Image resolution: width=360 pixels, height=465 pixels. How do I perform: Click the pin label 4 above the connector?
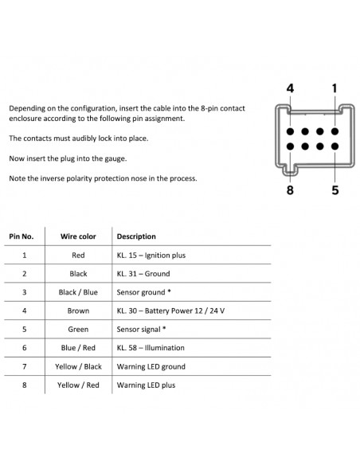[x=290, y=88]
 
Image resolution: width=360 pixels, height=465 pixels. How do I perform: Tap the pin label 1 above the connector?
[x=335, y=88]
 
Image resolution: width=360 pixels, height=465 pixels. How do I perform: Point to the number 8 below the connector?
[x=290, y=190]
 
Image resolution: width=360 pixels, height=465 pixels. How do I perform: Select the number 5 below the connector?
[x=335, y=190]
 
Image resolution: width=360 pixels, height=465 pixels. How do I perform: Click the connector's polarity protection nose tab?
[x=289, y=170]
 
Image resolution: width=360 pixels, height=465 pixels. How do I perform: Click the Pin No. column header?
[x=22, y=236]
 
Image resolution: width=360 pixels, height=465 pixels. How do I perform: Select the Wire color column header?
[x=78, y=236]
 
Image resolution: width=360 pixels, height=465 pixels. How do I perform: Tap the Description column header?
[x=136, y=236]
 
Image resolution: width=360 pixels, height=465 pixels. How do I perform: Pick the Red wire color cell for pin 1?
[x=78, y=255]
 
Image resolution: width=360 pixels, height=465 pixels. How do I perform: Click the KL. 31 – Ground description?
[x=143, y=273]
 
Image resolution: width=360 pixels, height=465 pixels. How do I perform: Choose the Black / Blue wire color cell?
[x=78, y=292]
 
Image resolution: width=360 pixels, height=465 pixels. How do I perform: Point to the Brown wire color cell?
[x=78, y=311]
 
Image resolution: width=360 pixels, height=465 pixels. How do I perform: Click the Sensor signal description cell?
[x=141, y=329]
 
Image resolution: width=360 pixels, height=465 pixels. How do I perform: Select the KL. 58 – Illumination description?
[x=151, y=348]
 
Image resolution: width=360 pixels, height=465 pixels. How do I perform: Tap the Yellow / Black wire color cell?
[x=78, y=366]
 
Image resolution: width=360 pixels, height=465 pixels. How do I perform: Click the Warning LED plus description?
[x=146, y=385]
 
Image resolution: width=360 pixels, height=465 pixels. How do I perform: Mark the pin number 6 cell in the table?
[x=25, y=348]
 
